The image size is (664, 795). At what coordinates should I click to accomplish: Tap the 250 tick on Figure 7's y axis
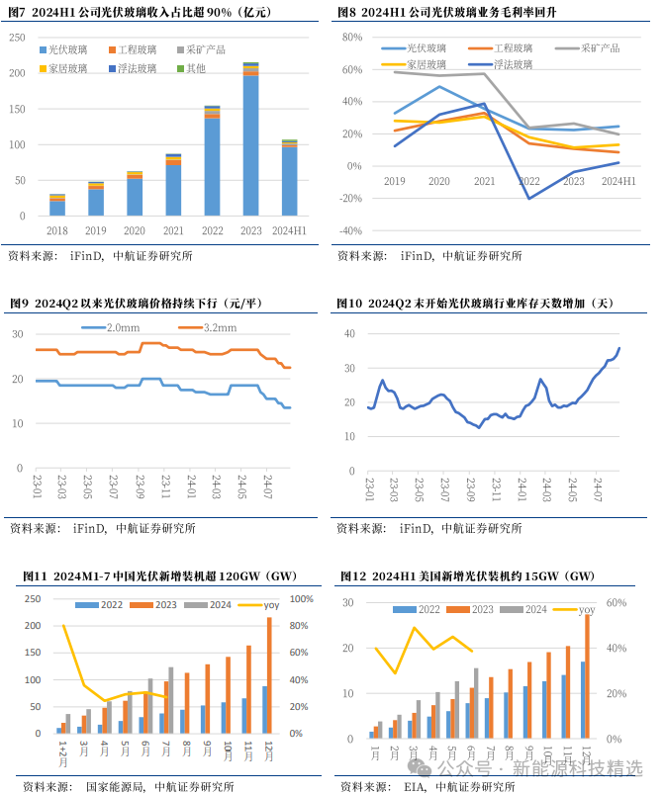(x=18, y=38)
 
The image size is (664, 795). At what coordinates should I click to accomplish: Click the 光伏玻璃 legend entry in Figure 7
(x=63, y=48)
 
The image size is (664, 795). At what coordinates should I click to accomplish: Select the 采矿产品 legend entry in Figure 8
(x=597, y=47)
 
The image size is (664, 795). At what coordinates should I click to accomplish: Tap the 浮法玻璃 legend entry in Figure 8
(x=511, y=63)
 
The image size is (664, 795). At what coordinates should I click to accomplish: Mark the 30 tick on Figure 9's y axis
(x=18, y=335)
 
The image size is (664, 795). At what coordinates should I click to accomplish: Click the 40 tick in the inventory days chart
(x=349, y=333)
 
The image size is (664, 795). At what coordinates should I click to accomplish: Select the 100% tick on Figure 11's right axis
(x=302, y=599)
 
